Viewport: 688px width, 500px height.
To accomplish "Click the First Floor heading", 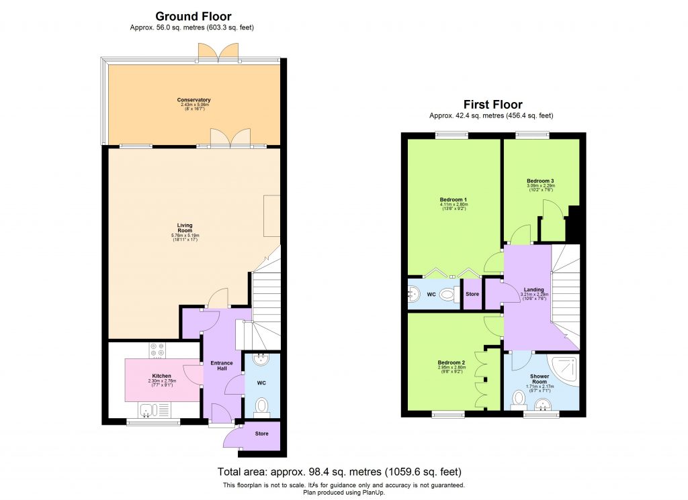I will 492,104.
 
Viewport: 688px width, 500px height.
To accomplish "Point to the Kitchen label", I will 161,376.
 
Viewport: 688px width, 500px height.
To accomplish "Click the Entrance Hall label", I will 221,366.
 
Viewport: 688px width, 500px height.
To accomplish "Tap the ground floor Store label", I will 261,434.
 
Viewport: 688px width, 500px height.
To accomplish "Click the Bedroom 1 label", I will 454,200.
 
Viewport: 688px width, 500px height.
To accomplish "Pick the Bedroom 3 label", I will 540,181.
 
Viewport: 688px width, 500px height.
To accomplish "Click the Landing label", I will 534,290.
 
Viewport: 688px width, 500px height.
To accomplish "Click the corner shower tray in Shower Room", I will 566,366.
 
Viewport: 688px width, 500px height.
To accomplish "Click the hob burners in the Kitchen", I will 157,350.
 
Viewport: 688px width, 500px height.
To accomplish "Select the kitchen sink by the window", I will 148,409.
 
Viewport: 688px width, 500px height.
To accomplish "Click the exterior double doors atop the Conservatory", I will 218,52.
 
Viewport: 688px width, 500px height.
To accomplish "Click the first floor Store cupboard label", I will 472,294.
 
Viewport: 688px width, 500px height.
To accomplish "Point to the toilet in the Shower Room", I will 518,400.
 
